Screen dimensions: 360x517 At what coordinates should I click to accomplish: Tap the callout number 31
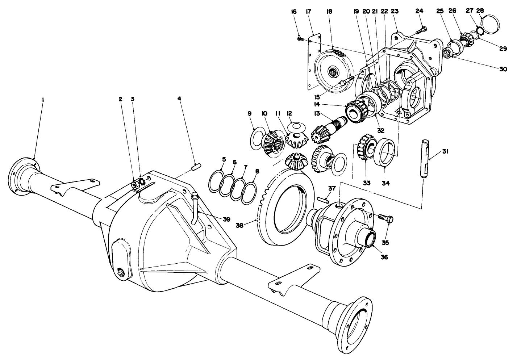(x=445, y=152)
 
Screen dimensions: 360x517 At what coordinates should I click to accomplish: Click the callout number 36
(x=384, y=257)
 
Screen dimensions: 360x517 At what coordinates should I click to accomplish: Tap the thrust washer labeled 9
(x=255, y=139)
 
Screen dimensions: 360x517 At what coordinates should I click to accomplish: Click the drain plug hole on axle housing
(x=121, y=271)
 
